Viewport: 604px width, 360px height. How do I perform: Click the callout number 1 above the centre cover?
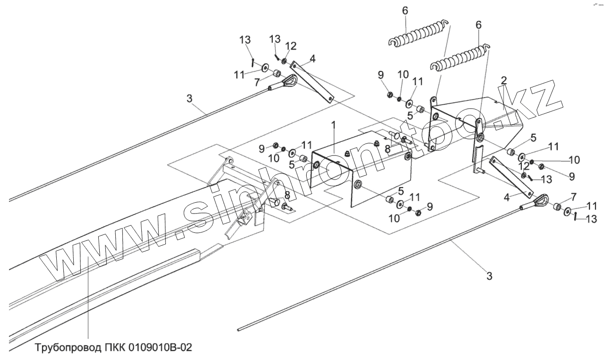[333, 125]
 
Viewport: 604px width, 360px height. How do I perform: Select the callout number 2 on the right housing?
[504, 80]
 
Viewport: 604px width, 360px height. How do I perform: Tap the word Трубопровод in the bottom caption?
[67, 348]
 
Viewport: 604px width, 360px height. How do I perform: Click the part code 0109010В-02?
[157, 348]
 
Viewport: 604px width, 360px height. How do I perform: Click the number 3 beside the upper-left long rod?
[189, 99]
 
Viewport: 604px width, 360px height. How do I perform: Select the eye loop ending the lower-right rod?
[540, 203]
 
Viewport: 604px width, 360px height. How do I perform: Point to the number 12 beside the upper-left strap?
[291, 46]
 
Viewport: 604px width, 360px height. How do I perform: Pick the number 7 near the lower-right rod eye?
[573, 196]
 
